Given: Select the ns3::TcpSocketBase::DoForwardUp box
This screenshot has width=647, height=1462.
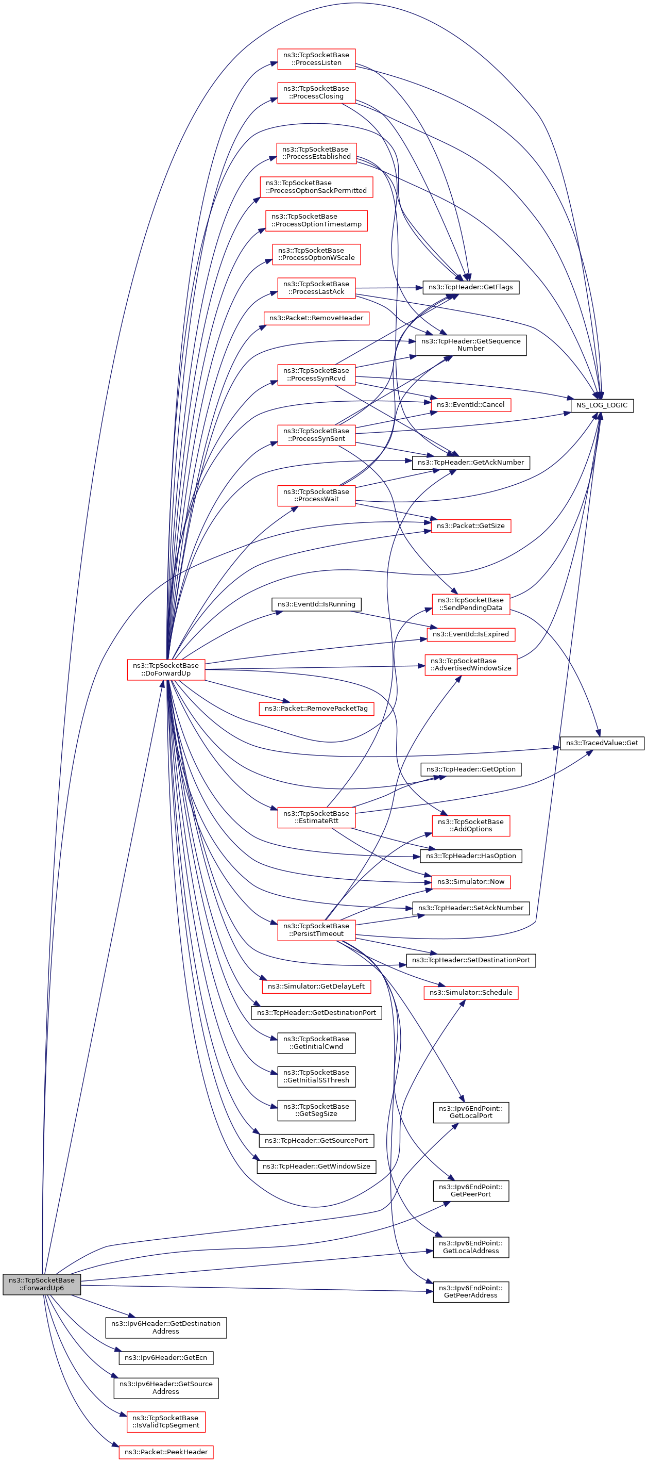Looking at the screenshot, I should click(x=165, y=669).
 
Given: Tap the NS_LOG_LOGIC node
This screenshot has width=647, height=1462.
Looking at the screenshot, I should click(x=601, y=405).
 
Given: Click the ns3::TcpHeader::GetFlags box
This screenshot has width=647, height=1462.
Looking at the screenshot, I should click(x=470, y=287).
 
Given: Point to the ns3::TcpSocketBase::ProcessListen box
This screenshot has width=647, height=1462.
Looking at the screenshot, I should click(x=316, y=59).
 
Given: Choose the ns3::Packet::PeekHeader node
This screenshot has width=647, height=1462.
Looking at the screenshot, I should click(x=165, y=1451).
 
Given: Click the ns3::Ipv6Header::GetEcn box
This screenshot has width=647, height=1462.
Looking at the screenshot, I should click(x=165, y=1357).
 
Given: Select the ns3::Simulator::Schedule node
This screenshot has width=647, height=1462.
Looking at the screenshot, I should click(x=470, y=992).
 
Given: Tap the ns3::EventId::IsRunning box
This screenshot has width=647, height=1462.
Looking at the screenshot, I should click(x=316, y=604).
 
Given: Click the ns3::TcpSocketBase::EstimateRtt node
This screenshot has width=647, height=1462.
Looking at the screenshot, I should click(x=316, y=817).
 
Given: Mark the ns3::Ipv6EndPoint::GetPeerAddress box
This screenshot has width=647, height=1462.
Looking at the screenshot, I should click(x=470, y=1291).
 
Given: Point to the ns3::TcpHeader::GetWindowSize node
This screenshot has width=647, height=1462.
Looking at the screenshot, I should click(x=316, y=1167).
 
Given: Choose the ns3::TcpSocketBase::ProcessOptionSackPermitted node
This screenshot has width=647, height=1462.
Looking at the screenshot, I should click(x=316, y=187).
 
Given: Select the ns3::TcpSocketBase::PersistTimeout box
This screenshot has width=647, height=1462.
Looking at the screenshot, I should click(x=316, y=930).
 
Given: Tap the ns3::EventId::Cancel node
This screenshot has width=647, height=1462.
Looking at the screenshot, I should click(x=470, y=405).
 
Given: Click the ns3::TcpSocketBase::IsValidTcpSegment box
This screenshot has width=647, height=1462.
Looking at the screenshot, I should click(x=165, y=1421).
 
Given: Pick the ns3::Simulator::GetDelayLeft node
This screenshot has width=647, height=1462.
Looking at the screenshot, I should click(x=316, y=986).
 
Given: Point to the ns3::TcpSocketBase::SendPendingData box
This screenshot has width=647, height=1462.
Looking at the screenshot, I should click(x=470, y=604).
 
